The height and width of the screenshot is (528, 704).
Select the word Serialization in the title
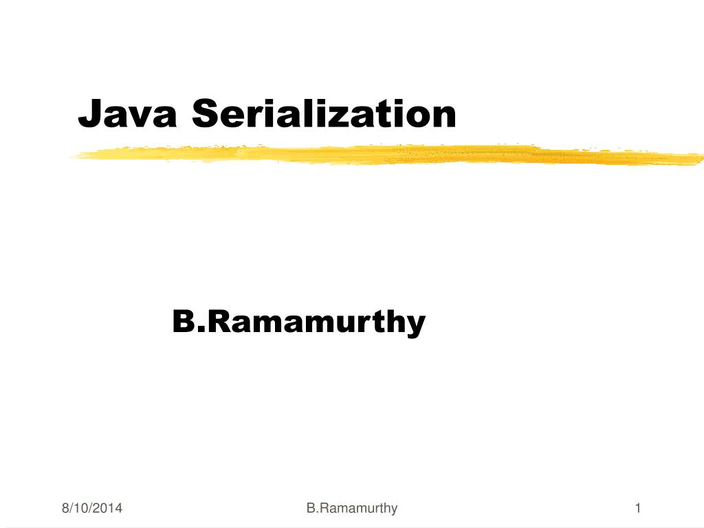(x=324, y=113)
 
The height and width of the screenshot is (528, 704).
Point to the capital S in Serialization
(x=205, y=113)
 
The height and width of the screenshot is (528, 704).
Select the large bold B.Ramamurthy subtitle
(x=298, y=322)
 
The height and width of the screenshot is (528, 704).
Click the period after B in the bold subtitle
(x=198, y=330)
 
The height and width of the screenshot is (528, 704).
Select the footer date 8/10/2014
(x=92, y=509)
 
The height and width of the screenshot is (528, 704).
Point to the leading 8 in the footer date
(x=65, y=509)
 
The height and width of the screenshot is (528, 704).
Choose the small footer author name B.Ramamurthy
(x=352, y=509)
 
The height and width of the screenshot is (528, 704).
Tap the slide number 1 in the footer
(x=638, y=509)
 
